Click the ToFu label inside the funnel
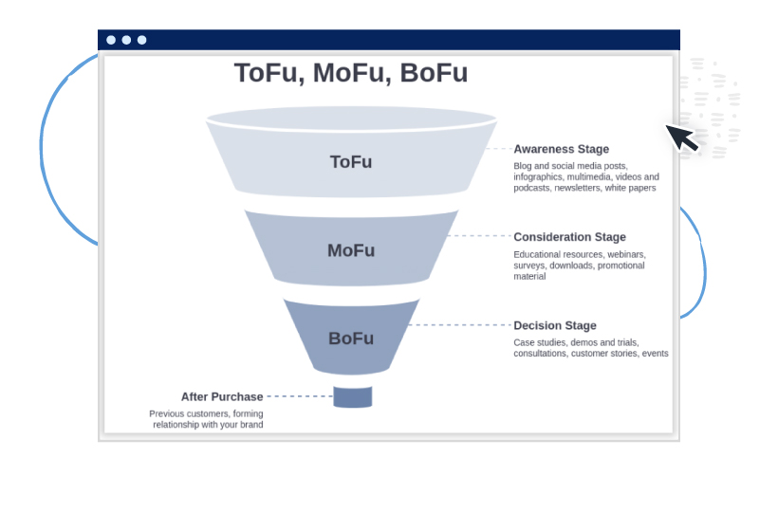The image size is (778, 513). pos(351,162)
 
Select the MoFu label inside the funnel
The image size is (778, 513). pos(351,251)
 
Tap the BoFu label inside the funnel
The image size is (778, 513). pos(351,339)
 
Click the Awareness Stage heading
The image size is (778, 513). pos(561,149)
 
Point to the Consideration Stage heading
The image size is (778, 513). pos(569,237)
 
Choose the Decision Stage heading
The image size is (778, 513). pos(555,326)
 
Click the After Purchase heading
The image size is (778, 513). pos(222,396)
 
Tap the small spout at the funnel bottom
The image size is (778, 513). pos(353,396)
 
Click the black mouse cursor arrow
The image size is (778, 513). pos(681,137)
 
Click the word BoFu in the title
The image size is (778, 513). pos(434,74)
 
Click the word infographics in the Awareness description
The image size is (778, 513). pos(540,177)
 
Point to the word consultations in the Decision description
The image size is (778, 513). pos(542,354)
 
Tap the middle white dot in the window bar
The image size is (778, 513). pos(126,40)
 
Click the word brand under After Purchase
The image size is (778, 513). pos(250,425)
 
